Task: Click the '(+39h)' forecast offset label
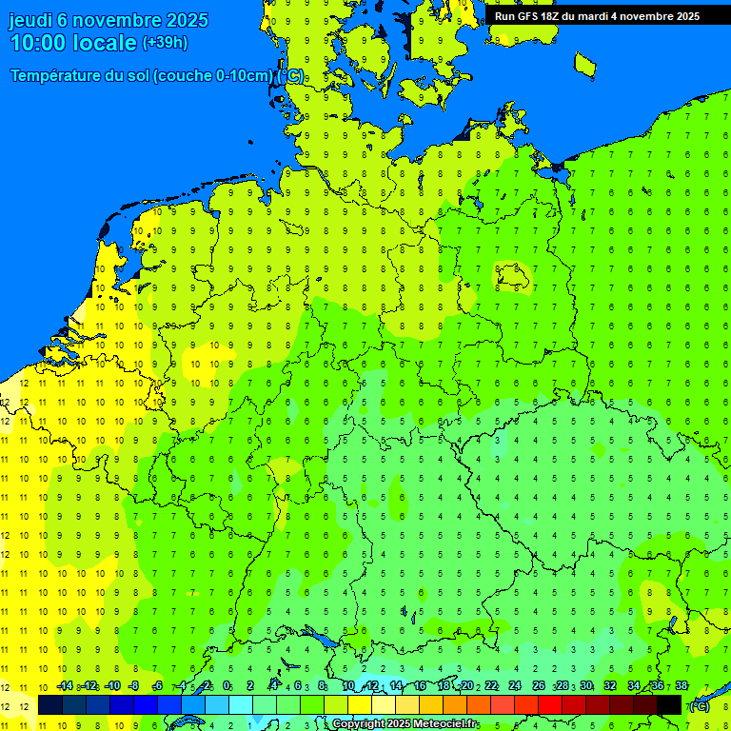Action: (x=165, y=43)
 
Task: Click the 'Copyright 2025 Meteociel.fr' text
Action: (x=405, y=724)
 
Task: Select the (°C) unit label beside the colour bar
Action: (x=698, y=705)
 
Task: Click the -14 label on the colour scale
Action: (x=65, y=686)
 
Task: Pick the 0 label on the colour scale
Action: (x=227, y=686)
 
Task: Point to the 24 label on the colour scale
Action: (x=514, y=686)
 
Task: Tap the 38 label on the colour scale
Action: (x=681, y=686)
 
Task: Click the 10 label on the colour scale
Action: (x=347, y=686)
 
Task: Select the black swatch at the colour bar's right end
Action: (x=669, y=704)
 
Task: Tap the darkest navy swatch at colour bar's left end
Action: (x=50, y=704)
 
